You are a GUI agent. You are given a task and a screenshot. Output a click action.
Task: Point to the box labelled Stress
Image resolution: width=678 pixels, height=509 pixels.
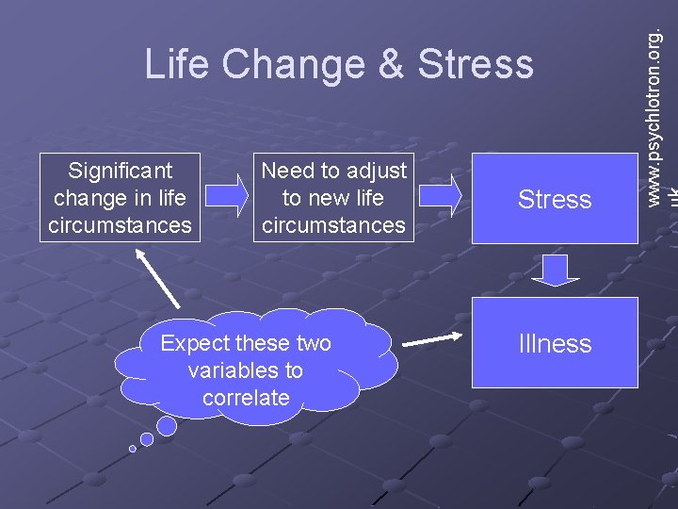(555, 199)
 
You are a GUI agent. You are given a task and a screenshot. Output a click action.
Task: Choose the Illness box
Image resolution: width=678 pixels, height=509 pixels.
(555, 343)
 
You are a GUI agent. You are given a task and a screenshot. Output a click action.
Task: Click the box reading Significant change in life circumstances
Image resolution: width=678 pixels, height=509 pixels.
(121, 198)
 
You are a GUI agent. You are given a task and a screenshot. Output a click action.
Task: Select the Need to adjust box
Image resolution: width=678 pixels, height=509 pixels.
(333, 198)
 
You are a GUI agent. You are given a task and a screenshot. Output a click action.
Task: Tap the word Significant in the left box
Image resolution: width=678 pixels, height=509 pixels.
(121, 171)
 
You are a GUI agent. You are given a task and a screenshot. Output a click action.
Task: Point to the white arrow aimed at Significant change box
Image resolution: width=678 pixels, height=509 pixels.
(160, 278)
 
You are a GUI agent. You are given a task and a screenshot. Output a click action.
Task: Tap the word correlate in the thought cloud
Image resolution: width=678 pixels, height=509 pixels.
(246, 398)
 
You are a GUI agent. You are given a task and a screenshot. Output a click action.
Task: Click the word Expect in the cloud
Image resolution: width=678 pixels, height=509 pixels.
(191, 343)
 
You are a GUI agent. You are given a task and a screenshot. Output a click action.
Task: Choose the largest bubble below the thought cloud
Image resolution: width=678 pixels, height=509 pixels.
(167, 426)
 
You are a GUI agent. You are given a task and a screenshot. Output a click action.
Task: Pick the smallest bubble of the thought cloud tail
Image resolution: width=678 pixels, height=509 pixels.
(133, 449)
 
